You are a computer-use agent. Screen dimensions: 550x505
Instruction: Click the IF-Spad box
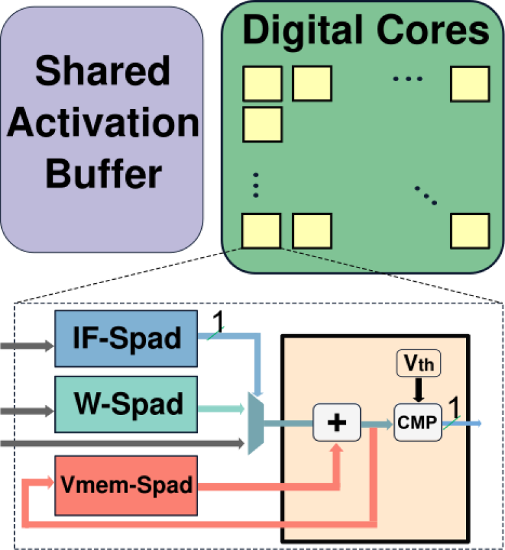click(x=126, y=338)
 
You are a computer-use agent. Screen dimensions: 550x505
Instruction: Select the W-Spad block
click(x=126, y=404)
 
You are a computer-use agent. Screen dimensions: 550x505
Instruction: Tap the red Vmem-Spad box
click(x=126, y=484)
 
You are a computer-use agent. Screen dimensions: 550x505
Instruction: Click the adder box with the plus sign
click(x=336, y=423)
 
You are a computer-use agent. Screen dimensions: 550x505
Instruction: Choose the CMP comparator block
click(x=418, y=423)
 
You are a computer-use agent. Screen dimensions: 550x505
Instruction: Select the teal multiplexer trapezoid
click(x=255, y=426)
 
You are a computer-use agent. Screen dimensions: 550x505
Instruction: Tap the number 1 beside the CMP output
click(x=454, y=406)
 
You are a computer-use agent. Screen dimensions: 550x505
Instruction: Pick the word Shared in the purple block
click(x=102, y=71)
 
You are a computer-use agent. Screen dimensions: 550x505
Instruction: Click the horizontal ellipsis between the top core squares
click(x=408, y=79)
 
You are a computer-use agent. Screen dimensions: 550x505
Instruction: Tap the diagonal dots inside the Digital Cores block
click(x=426, y=194)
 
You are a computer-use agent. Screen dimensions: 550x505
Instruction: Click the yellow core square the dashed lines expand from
click(x=262, y=231)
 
